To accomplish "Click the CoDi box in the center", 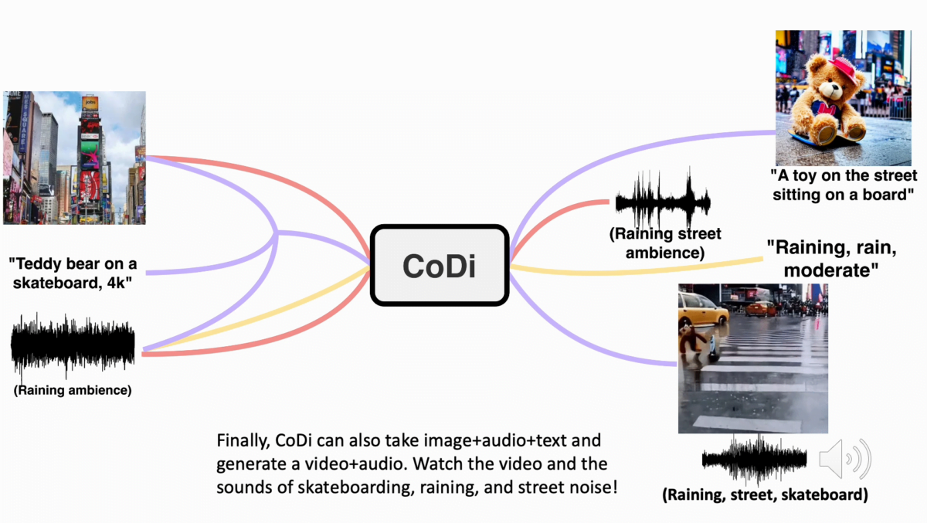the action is [440, 265].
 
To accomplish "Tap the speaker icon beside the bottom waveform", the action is [845, 459].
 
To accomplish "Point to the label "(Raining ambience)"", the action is [73, 390].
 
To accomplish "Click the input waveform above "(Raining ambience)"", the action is [73, 345].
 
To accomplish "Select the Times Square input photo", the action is [74, 158].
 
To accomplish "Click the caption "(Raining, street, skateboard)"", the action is [766, 495].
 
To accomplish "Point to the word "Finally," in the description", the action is [243, 441].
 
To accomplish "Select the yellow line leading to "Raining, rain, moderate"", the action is [637, 271].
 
